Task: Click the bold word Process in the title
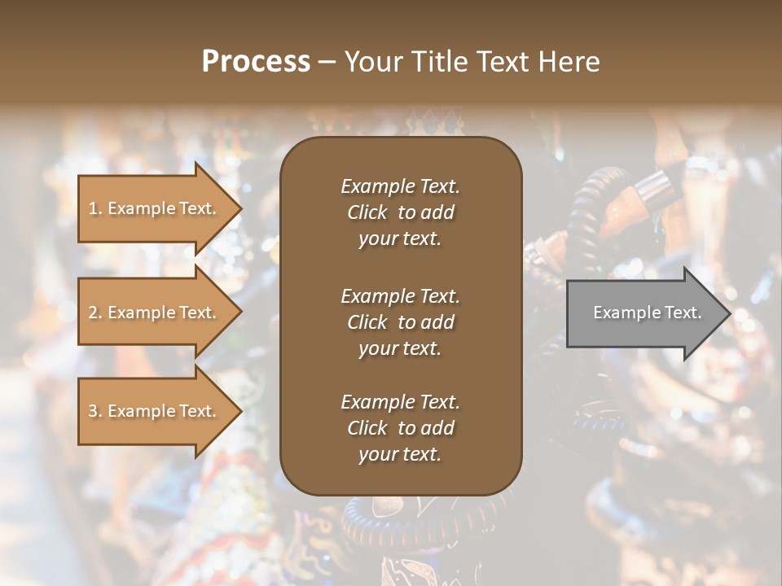coord(256,62)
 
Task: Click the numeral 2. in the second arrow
coord(95,313)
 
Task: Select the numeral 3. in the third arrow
coord(95,411)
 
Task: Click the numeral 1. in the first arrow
coord(95,208)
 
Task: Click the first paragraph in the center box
coord(400,212)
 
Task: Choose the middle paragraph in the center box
coord(400,322)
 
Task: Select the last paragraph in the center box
coord(400,428)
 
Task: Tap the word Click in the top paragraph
coord(367,212)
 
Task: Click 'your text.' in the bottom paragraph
coord(400,454)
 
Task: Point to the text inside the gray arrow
coord(647,313)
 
